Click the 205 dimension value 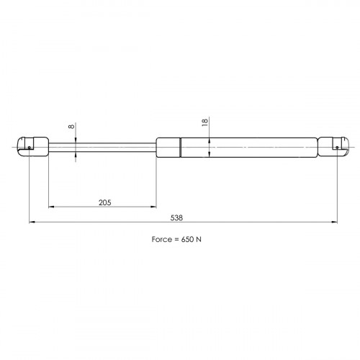(105, 202)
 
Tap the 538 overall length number (176, 218)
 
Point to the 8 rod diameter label (71, 126)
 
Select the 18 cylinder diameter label (204, 122)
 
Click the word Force (162, 239)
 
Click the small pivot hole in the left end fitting (30, 148)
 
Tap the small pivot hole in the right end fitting (337, 148)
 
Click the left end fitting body (33, 147)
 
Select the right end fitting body (333, 147)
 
